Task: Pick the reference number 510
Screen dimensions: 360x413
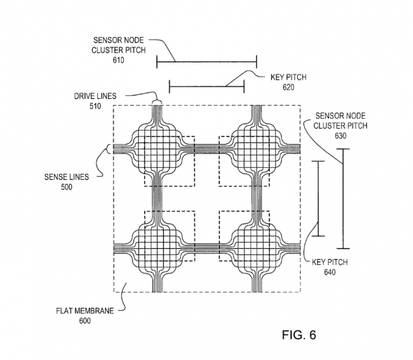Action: point(96,106)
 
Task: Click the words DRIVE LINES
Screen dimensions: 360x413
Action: point(95,96)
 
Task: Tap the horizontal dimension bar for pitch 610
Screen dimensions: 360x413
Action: point(206,61)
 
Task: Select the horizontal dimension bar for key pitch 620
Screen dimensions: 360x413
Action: point(206,87)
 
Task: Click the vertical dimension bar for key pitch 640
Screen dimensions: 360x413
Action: point(319,199)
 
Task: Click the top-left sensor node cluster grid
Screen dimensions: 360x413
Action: point(157,147)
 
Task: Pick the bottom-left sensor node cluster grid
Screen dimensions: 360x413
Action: point(157,245)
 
